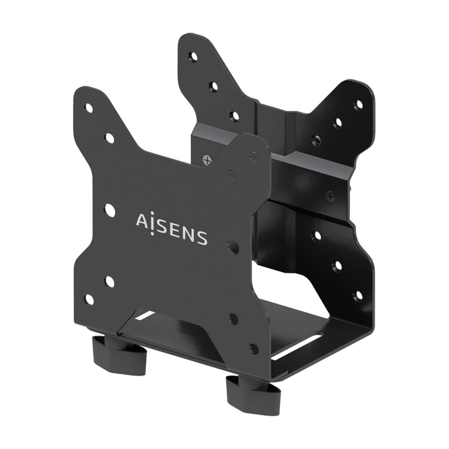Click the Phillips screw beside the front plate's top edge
pos(206,160)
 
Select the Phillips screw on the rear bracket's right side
pos(330,195)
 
